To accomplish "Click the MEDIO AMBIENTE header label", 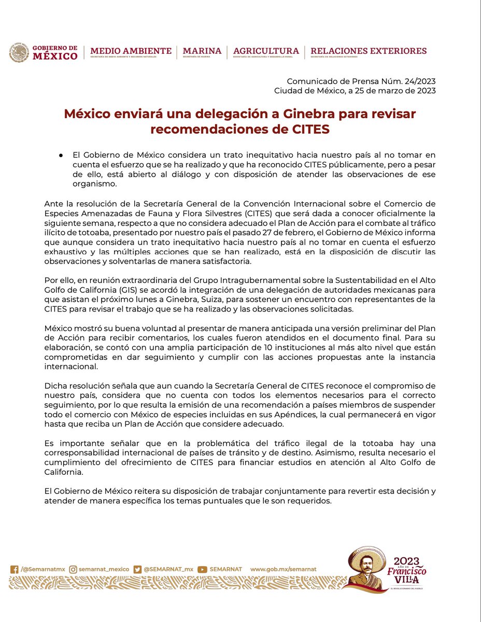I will (x=131, y=51).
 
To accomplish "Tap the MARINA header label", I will (x=202, y=51).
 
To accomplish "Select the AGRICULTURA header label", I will (x=266, y=51).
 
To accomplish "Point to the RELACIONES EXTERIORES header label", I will (x=369, y=51).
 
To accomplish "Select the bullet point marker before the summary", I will (x=61, y=154).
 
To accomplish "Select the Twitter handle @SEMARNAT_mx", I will (x=168, y=569).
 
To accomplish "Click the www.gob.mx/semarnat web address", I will (x=284, y=569).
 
